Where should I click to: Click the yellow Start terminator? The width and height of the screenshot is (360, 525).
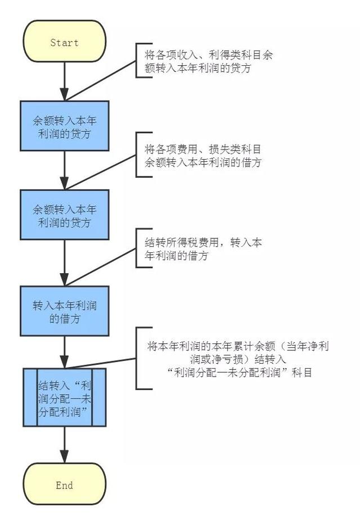[64, 41]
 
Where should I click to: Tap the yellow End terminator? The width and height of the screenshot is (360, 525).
[64, 484]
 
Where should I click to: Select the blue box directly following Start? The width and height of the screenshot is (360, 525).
[64, 126]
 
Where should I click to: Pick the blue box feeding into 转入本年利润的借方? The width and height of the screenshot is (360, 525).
[64, 215]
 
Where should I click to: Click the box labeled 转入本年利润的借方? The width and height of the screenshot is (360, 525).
[64, 311]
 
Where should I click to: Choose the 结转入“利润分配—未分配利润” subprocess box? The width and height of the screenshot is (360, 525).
[64, 397]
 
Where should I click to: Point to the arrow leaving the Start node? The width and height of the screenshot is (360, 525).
[64, 82]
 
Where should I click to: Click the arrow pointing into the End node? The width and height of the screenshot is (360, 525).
[64, 445]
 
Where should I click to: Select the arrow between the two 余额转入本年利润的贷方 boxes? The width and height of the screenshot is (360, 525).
[64, 170]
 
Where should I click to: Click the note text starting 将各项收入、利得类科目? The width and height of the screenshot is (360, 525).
[209, 61]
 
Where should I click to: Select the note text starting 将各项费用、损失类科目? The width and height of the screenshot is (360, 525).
[203, 156]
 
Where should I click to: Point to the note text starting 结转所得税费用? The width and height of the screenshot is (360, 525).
[203, 249]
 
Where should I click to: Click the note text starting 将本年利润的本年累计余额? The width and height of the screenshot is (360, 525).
[238, 359]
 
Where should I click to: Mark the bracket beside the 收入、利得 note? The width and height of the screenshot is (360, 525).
[137, 61]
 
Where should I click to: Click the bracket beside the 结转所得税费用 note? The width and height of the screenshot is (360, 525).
[137, 248]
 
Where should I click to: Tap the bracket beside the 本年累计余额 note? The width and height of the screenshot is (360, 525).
[137, 358]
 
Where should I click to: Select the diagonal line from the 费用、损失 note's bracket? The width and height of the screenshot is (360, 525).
[100, 172]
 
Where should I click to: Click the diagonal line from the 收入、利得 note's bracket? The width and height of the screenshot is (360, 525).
[100, 81]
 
